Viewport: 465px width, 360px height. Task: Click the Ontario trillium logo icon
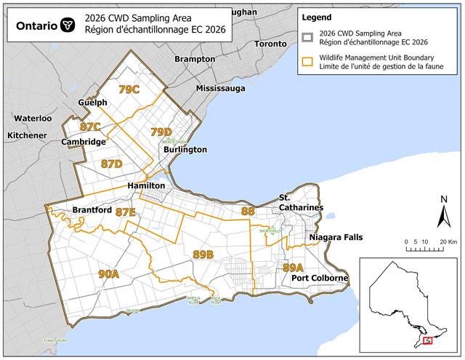tap(68, 25)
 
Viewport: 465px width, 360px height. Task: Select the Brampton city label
tap(195, 59)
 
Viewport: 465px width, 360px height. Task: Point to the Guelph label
tap(93, 103)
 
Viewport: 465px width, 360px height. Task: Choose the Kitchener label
tap(27, 135)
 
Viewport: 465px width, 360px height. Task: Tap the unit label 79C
tap(129, 89)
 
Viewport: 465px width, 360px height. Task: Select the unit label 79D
tap(161, 132)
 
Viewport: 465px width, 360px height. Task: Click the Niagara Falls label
tap(336, 238)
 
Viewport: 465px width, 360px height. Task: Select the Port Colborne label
tap(320, 279)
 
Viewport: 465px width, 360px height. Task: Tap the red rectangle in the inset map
tap(428, 340)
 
